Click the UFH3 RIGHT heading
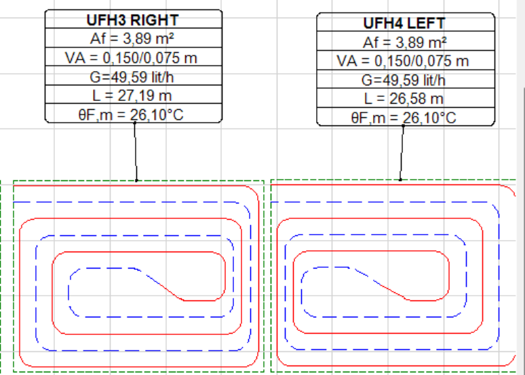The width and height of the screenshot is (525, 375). [132, 20]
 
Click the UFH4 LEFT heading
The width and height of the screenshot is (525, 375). [404, 23]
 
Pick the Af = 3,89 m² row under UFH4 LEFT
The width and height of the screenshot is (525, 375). [404, 42]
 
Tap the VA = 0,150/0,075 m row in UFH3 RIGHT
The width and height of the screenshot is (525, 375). [131, 58]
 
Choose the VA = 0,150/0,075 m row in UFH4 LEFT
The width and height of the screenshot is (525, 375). [402, 61]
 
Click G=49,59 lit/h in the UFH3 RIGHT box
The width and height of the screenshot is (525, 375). [132, 77]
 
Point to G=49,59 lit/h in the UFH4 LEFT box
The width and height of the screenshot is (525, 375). [403, 80]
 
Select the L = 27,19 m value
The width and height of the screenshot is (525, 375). [132, 96]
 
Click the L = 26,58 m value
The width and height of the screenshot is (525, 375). [404, 98]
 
